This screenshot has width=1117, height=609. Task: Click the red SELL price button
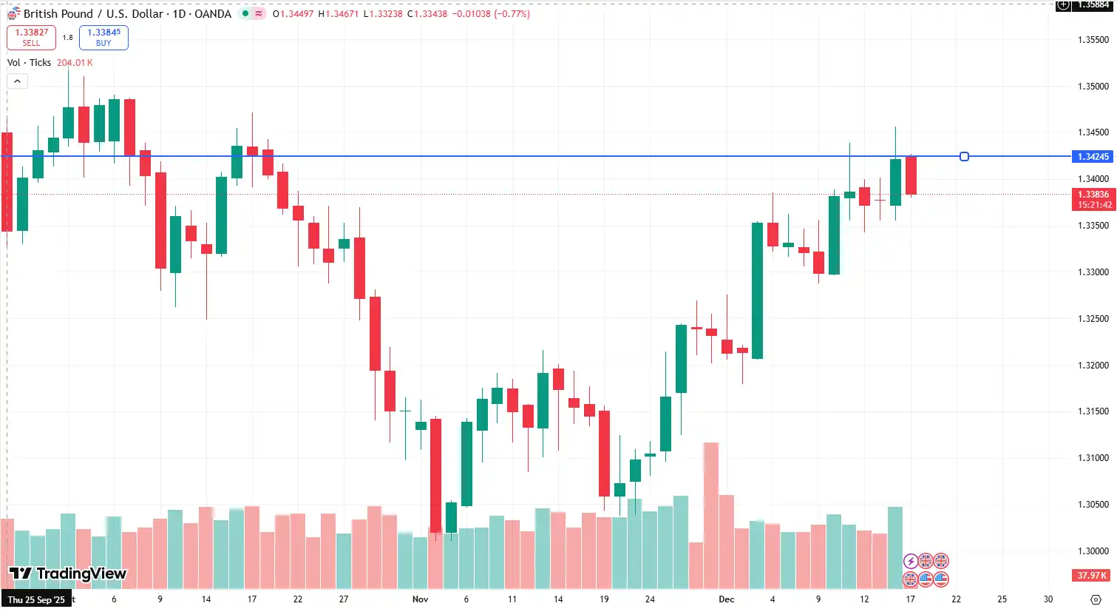31,37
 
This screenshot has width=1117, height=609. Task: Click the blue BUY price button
103,37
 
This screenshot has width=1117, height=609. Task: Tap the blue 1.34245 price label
1093,157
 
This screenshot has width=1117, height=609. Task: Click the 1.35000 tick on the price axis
1093,87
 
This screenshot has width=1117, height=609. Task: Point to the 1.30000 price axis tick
1093,551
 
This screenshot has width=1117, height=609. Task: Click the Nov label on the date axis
420,599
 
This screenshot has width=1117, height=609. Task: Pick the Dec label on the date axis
726,599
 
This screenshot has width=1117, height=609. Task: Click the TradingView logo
68,573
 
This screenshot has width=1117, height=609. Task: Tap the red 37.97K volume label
1091,576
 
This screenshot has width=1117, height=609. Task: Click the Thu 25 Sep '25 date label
36,599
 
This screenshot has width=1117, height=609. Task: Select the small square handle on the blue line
964,157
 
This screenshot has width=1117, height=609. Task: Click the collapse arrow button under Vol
17,81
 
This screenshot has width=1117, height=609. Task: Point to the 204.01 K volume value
75,63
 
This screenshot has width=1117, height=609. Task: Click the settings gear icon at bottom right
1096,599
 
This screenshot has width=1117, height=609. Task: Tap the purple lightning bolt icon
911,561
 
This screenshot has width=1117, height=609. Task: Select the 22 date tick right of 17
956,599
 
